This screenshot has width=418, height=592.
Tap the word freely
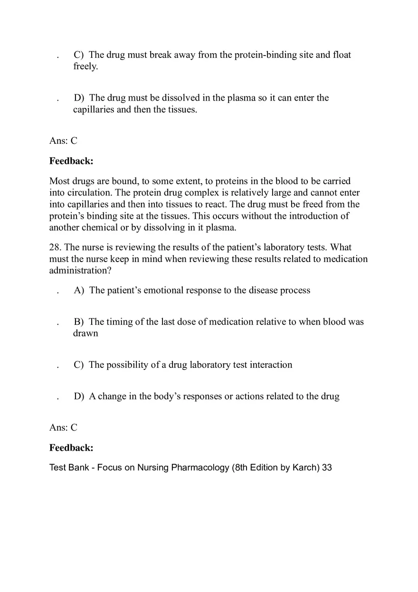(x=85, y=66)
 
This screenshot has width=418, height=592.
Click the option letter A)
(x=79, y=291)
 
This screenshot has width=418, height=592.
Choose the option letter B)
(x=79, y=322)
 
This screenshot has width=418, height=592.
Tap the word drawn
(x=85, y=333)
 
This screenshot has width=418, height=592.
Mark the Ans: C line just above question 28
(x=63, y=141)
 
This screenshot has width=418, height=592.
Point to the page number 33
(x=327, y=468)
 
